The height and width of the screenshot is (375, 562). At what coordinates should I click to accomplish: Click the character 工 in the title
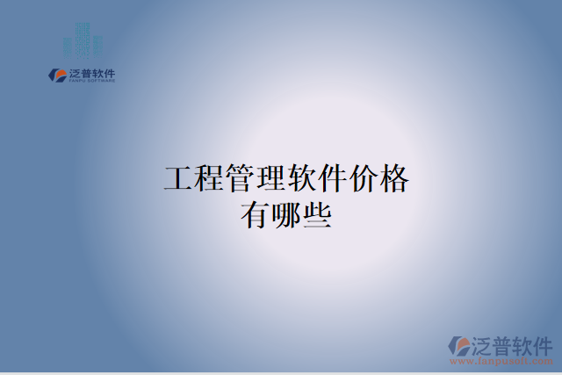point(178,180)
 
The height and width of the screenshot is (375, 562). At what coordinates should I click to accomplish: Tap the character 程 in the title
point(209,180)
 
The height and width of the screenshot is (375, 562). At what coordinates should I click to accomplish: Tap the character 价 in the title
point(363,180)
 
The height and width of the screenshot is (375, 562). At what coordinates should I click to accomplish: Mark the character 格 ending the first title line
point(393,180)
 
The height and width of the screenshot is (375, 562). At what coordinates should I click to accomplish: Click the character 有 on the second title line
point(256,214)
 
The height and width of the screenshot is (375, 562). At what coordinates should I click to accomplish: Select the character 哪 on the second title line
point(286,214)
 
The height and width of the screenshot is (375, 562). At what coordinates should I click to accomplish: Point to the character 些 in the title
point(317,214)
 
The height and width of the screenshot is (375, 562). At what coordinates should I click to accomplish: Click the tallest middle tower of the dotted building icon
point(82,40)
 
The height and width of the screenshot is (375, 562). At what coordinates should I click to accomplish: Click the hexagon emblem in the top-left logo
point(57,76)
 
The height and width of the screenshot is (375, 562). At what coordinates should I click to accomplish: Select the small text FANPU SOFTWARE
point(91,81)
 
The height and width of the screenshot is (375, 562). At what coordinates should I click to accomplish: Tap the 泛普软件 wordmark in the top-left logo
point(91,73)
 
